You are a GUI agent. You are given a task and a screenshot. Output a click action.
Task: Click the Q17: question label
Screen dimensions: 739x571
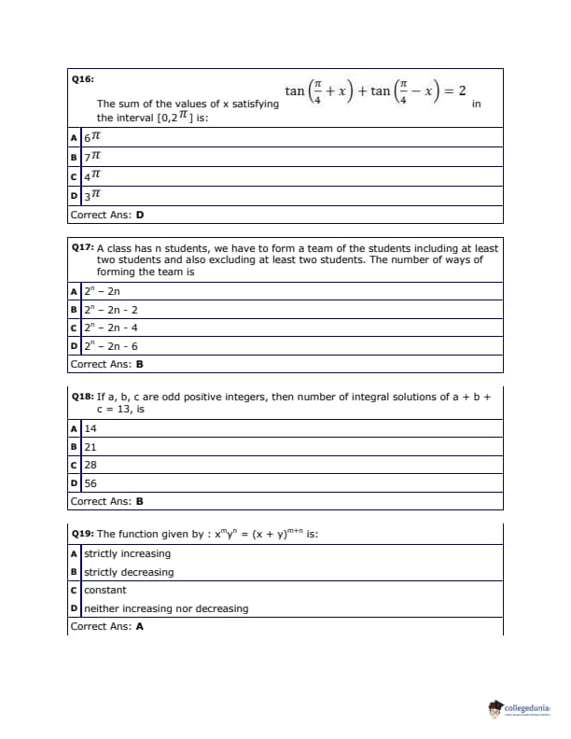83,249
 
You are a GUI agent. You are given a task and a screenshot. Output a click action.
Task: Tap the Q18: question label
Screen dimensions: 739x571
83,397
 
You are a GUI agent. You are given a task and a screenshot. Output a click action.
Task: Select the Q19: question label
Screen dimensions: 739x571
83,535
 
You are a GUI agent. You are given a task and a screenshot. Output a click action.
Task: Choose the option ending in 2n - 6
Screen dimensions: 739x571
111,346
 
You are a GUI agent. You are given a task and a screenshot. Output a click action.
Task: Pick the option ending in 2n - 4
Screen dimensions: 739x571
111,328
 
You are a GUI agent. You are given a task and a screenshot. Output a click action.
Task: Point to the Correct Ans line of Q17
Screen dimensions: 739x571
106,365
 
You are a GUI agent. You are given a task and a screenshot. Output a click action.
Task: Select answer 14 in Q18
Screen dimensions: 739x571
91,428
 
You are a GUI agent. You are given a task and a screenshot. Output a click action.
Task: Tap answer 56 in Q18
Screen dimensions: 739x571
91,483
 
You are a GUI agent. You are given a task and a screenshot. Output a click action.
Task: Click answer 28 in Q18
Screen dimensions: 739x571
91,465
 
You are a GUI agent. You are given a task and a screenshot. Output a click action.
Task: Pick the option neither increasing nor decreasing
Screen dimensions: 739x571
166,608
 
